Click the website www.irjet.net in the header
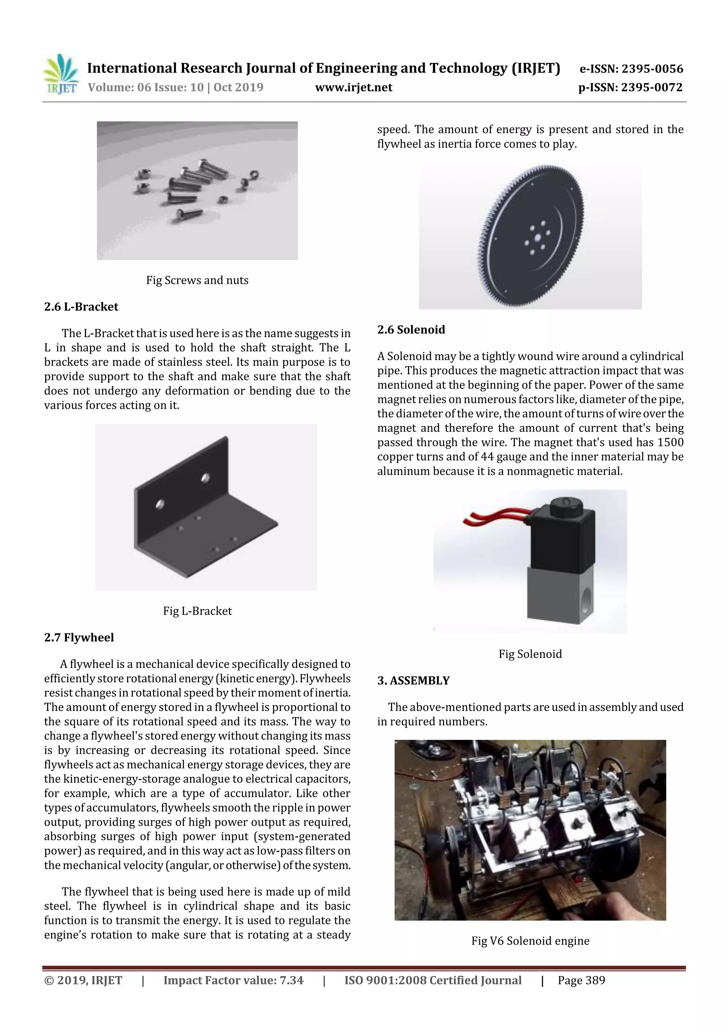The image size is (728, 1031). click(x=353, y=87)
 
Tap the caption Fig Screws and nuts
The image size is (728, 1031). click(x=197, y=280)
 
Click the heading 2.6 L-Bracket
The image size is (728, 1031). click(x=81, y=307)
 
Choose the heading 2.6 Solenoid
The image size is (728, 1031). click(x=411, y=330)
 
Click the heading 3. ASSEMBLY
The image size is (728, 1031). click(x=413, y=680)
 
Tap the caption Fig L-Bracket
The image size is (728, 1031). click(x=197, y=611)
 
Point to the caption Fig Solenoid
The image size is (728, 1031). click(x=530, y=654)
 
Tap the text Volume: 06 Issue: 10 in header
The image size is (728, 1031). click(x=145, y=87)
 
